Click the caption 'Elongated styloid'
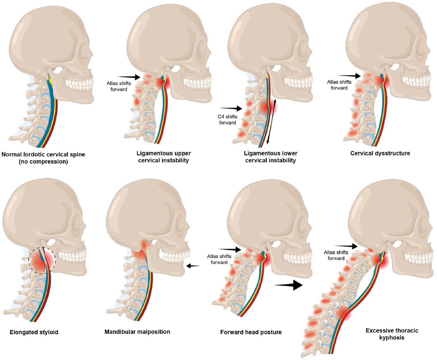tap(34, 332)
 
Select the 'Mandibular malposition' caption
tap(137, 332)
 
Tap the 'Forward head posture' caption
tap(251, 332)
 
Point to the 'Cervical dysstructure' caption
tap(380, 153)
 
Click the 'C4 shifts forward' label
tap(227, 120)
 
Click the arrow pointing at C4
tap(231, 108)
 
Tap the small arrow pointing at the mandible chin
tap(193, 266)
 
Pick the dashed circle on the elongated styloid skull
tap(42, 260)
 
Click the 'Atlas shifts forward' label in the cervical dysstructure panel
tap(339, 85)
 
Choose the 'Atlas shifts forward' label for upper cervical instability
tap(119, 86)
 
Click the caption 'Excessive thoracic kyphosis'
tap(392, 334)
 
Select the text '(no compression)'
tap(43, 162)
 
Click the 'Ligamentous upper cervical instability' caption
tap(163, 157)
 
